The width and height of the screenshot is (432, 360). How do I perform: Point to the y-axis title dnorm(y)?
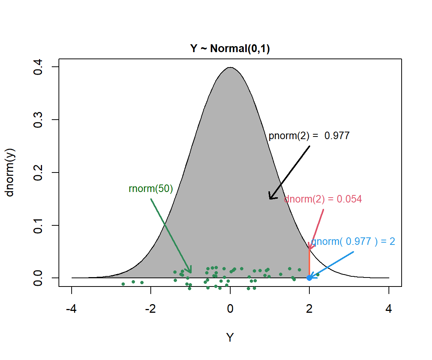(x=10, y=172)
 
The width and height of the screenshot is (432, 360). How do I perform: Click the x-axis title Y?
(x=230, y=337)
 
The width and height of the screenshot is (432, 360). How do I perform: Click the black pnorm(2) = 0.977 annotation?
(x=309, y=136)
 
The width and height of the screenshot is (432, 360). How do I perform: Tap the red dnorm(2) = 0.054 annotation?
(x=322, y=199)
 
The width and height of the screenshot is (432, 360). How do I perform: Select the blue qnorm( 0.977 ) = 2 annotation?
(x=353, y=241)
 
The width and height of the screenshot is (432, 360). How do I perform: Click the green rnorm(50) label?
(x=151, y=189)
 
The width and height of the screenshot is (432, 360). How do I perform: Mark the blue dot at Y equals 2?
(x=309, y=278)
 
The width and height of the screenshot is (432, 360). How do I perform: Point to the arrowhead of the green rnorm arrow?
(x=191, y=272)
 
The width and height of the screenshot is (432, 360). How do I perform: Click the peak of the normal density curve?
(x=230, y=67)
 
